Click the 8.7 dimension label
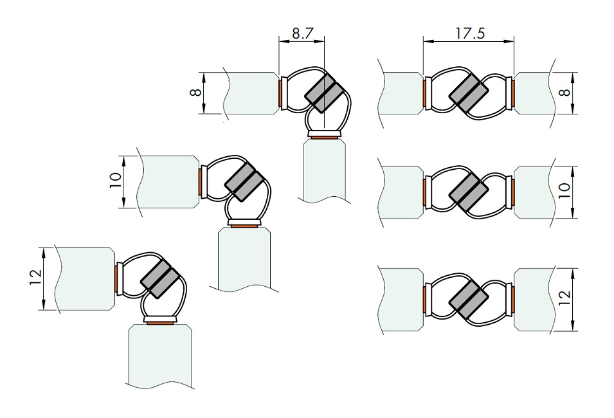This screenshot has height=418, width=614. (x=303, y=33)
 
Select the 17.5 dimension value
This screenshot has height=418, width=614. (x=470, y=33)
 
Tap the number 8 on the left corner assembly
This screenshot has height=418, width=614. (x=197, y=93)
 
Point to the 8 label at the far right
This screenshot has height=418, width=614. (x=564, y=93)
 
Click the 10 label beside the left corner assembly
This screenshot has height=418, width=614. (x=116, y=181)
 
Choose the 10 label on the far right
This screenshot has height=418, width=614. (x=564, y=191)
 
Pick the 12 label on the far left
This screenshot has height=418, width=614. (x=35, y=278)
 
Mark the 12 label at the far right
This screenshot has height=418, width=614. (x=564, y=299)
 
